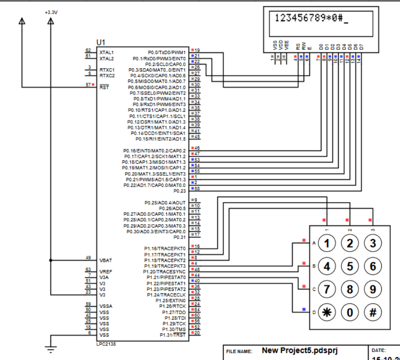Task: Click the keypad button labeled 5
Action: pos(350,266)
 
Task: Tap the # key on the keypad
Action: pos(373,312)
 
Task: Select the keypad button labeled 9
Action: pos(373,289)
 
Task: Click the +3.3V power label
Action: pos(51,12)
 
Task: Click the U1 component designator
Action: pos(101,43)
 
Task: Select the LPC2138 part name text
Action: pos(107,344)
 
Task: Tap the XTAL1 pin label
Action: pos(107,53)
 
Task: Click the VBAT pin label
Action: pos(105,260)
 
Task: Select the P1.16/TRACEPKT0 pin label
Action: pos(165,249)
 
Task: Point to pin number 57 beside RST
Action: pos(88,84)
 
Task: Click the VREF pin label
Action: pos(105,272)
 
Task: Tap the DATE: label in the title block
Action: pos(378,351)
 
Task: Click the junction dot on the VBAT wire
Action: pos(51,260)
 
